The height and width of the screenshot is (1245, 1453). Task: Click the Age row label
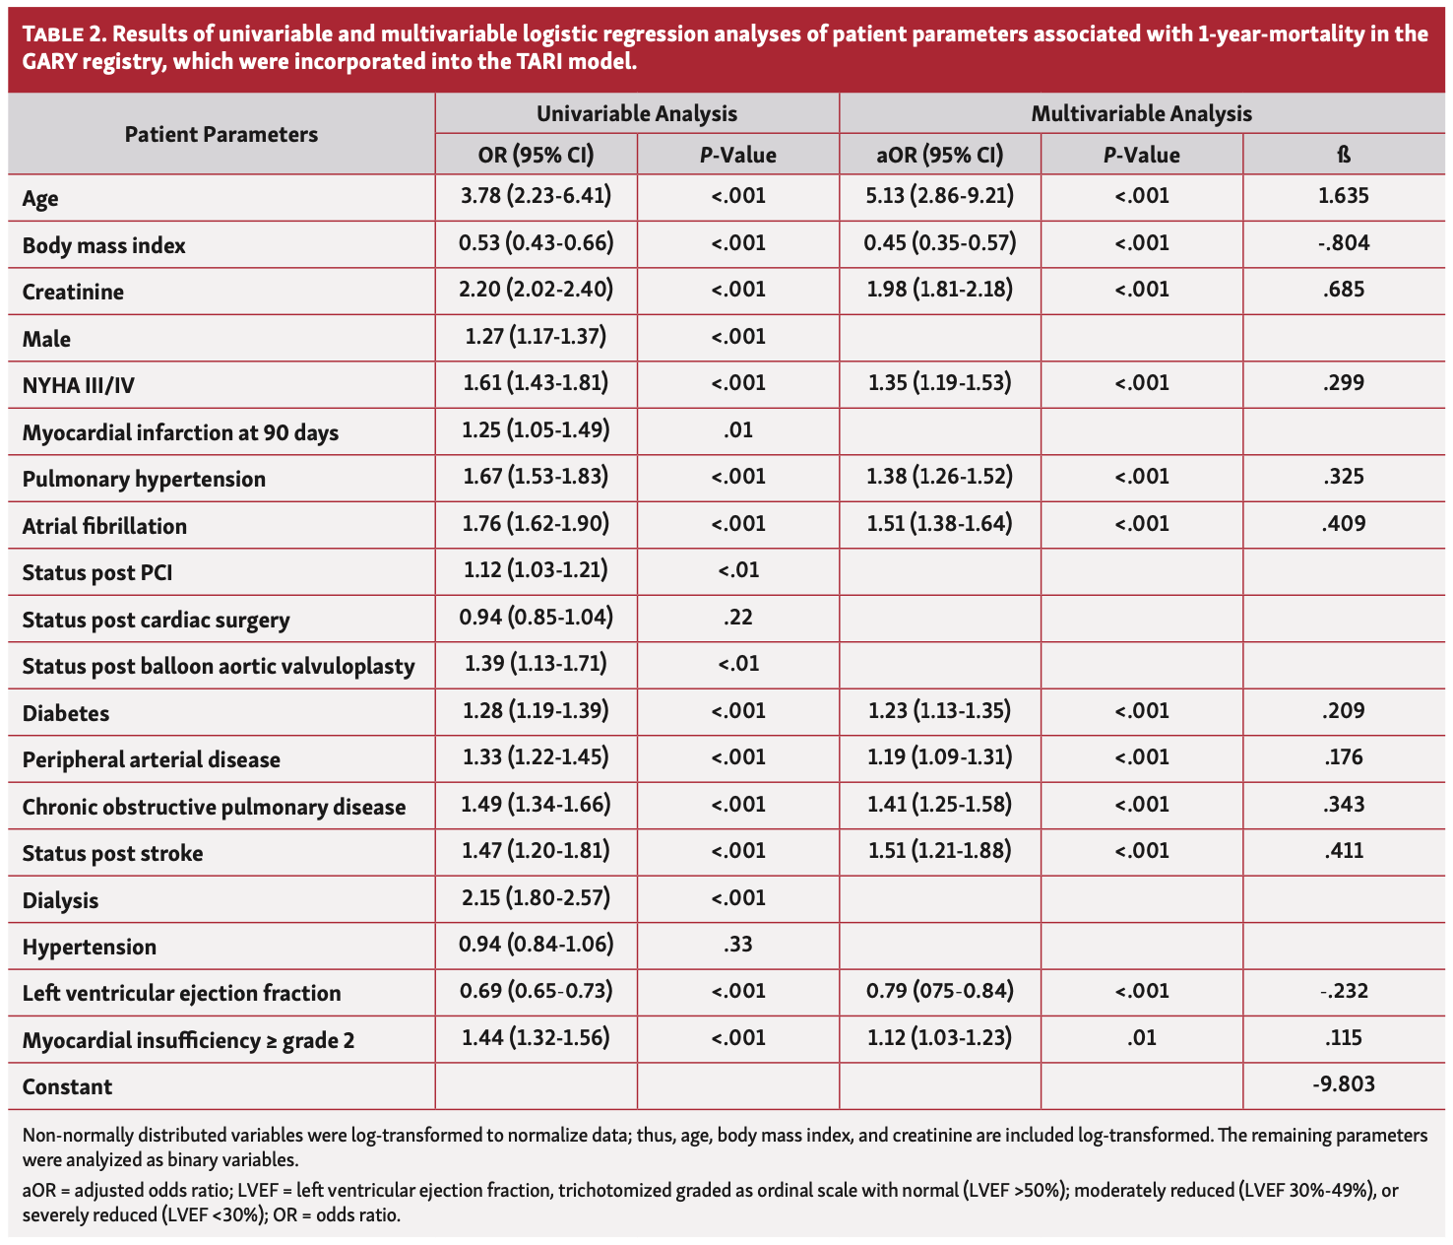pos(40,198)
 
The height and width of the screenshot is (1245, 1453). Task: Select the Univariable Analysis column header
pos(636,113)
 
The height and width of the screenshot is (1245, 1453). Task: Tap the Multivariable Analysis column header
pos(1141,113)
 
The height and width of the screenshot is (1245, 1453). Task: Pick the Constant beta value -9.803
pos(1343,1084)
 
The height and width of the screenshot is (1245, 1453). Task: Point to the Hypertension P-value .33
pos(737,945)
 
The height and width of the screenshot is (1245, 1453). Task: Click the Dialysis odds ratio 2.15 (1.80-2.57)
pos(536,897)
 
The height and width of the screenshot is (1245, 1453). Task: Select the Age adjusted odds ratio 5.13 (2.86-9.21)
pos(939,196)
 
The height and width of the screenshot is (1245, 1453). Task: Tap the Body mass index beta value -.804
pos(1343,243)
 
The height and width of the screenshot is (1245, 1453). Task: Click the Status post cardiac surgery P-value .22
pos(737,618)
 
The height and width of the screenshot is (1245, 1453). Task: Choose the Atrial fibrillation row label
pos(104,526)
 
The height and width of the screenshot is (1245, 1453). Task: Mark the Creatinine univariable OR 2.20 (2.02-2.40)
pos(536,290)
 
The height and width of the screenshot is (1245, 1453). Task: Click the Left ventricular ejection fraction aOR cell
pos(939,991)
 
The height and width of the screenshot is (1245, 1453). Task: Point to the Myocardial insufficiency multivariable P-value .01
pos(1141,1037)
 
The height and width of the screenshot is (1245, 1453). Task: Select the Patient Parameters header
pos(221,134)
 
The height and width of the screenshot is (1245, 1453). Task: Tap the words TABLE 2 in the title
pos(60,34)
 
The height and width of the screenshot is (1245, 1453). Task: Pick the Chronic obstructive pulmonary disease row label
pos(214,807)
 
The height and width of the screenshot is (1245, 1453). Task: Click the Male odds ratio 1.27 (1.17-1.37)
pos(536,337)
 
